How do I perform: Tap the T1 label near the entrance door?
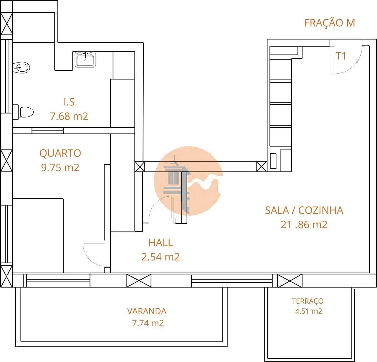341,56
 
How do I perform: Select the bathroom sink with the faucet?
85,59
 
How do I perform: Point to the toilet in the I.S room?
23,112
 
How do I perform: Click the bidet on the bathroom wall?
21,68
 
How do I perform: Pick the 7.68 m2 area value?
69,116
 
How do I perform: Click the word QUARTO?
60,153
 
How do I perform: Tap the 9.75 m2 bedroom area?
60,167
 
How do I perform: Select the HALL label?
161,243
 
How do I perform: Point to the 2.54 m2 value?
161,257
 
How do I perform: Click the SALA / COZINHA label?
304,210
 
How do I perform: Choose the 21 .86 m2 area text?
304,225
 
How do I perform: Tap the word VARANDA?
147,311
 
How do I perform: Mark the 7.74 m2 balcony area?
148,323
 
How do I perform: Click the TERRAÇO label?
308,301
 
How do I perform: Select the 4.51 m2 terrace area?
308,311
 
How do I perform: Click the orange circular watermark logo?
188,181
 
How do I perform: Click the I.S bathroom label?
69,102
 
